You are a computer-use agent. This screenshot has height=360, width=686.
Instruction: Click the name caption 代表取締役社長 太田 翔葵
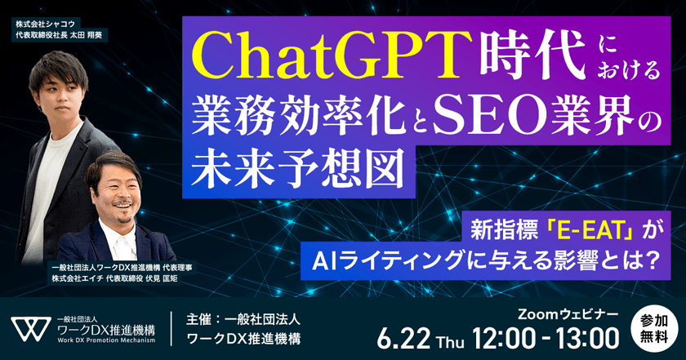(61, 36)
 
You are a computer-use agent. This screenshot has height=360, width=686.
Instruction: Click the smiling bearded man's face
(117, 188)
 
